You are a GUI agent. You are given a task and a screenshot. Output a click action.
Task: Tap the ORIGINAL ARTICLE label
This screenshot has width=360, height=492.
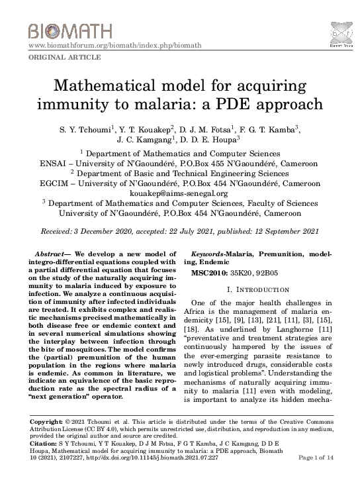click(x=64, y=58)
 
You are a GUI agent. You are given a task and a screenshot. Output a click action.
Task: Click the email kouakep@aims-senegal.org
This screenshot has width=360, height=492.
click(x=180, y=193)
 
